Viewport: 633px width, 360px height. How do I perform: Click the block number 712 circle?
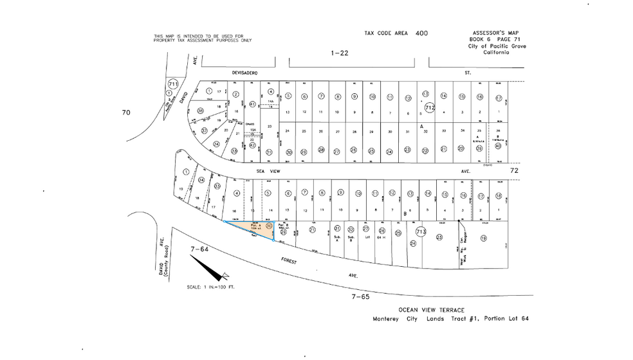[430, 108]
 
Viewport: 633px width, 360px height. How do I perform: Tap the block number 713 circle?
[421, 231]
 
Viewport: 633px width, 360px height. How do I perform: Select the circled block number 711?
[172, 84]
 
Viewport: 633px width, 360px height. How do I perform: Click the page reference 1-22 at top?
[339, 53]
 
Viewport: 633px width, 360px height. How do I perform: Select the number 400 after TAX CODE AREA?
[421, 33]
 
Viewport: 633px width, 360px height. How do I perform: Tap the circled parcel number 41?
[252, 104]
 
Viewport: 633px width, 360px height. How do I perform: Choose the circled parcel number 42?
[252, 145]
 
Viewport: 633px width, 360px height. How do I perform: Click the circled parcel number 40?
[497, 145]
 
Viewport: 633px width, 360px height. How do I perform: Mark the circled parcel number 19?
[483, 237]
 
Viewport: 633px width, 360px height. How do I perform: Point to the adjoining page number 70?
[126, 113]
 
